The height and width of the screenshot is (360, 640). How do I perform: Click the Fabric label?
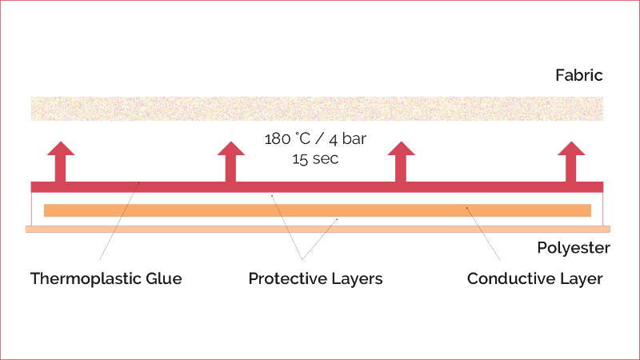click(x=578, y=75)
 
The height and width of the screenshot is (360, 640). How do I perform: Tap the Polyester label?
click(x=574, y=248)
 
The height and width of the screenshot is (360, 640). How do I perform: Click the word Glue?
click(x=164, y=278)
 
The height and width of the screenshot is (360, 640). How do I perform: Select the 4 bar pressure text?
click(x=348, y=139)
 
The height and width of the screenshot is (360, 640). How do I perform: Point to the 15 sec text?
click(x=315, y=158)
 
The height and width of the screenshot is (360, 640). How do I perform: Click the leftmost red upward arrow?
click(x=61, y=162)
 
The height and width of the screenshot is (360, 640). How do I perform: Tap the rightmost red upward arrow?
click(x=571, y=162)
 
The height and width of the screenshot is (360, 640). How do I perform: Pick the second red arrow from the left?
click(x=231, y=162)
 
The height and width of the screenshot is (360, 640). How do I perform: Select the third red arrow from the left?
click(x=402, y=162)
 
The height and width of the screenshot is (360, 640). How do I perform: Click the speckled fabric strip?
click(x=317, y=109)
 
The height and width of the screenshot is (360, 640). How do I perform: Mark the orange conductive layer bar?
click(x=318, y=210)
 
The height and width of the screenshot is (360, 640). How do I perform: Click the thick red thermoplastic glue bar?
click(x=317, y=187)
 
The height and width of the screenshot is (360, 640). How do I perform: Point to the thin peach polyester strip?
click(x=318, y=230)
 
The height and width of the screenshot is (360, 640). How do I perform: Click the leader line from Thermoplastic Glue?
click(x=119, y=221)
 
